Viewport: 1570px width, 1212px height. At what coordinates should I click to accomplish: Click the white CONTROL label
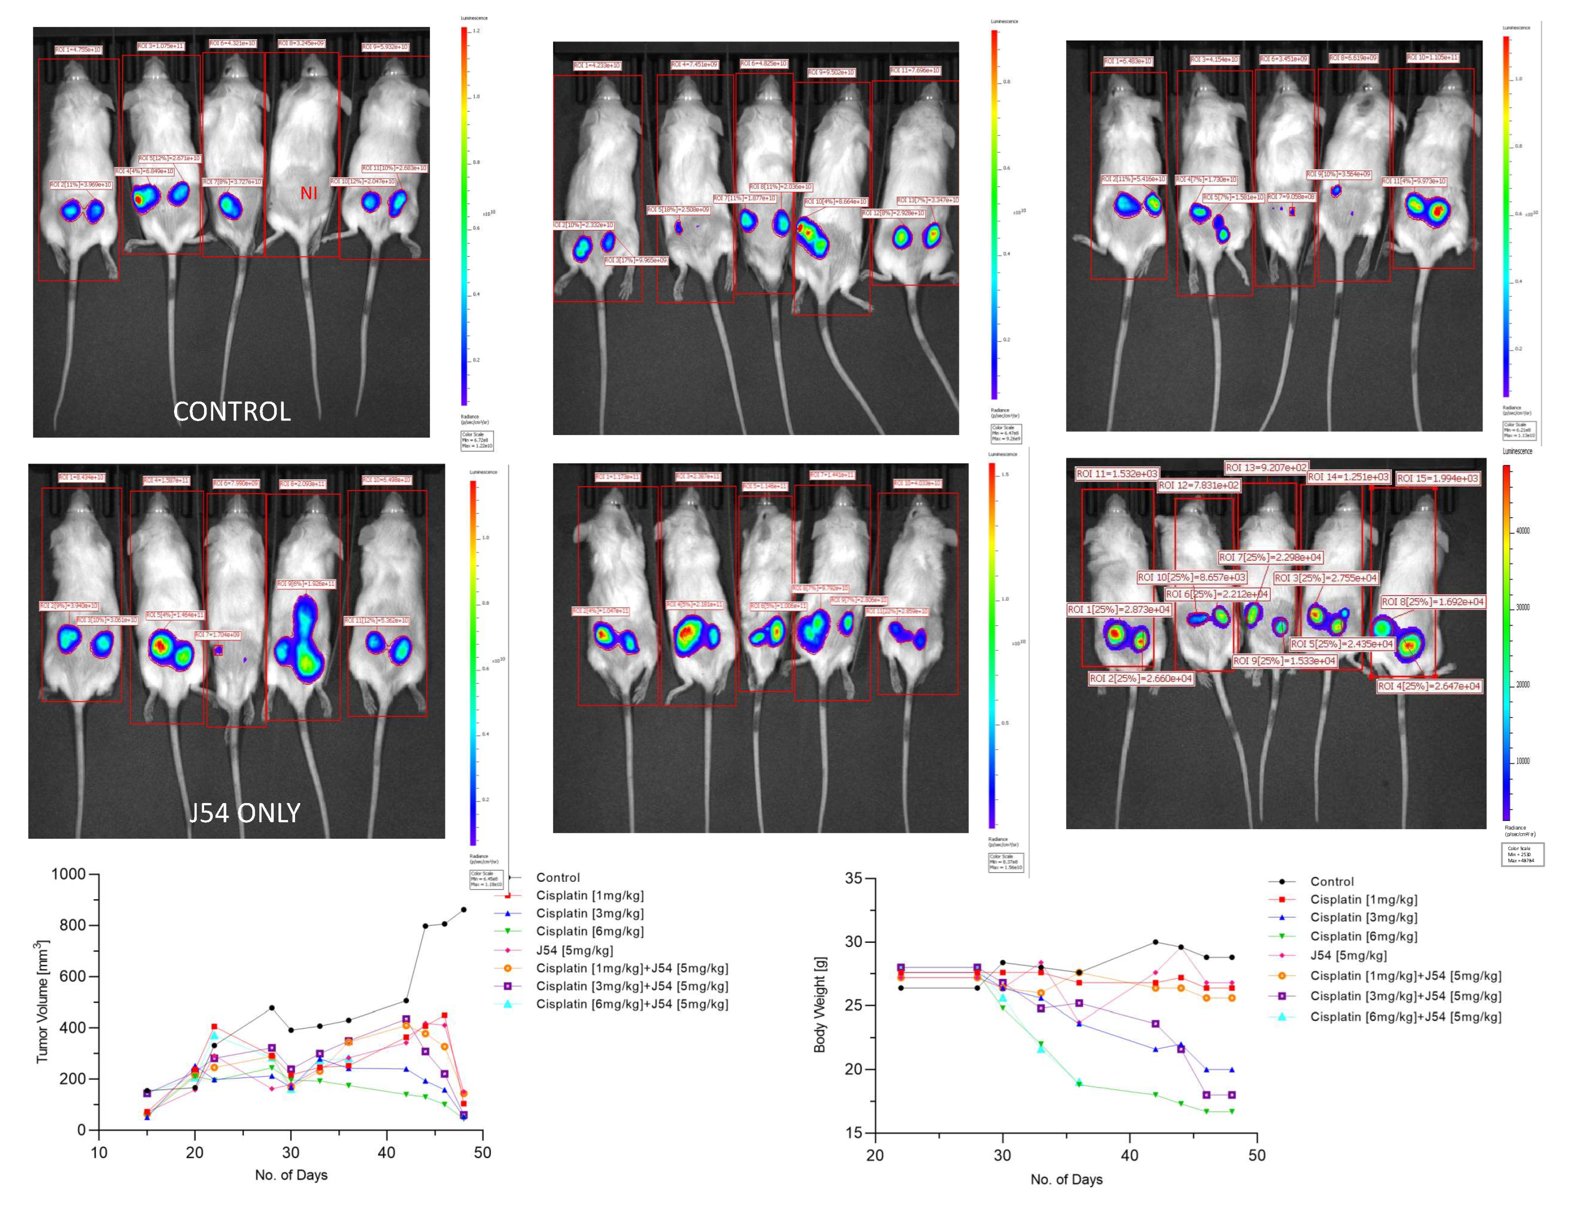coord(232,411)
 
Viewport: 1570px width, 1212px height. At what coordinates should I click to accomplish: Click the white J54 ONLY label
coord(244,813)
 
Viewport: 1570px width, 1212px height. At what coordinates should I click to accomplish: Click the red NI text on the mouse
coord(308,193)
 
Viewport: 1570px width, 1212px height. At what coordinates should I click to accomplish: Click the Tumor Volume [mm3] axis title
coord(43,1001)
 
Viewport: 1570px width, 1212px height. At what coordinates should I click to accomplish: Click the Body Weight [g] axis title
coord(820,1005)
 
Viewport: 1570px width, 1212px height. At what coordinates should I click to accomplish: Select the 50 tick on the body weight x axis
coord(1257,1155)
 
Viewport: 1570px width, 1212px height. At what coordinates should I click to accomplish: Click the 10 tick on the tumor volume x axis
coord(99,1153)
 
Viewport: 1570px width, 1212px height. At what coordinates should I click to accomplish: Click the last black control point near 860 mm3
coord(464,909)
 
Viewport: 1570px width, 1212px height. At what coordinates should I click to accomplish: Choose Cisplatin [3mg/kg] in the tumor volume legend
coord(589,913)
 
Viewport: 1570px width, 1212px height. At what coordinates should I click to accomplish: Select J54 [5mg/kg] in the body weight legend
coord(1348,955)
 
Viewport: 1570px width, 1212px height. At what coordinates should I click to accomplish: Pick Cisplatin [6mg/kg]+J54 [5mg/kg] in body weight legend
coord(1406,1017)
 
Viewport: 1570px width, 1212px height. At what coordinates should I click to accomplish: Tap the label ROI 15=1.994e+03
coord(1438,479)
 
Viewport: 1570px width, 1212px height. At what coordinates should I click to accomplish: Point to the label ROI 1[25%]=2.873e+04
coord(1118,610)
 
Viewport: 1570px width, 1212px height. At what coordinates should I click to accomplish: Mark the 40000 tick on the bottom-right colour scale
coord(1523,530)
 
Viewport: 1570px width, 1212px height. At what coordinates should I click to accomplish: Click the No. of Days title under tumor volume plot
coord(291,1175)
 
